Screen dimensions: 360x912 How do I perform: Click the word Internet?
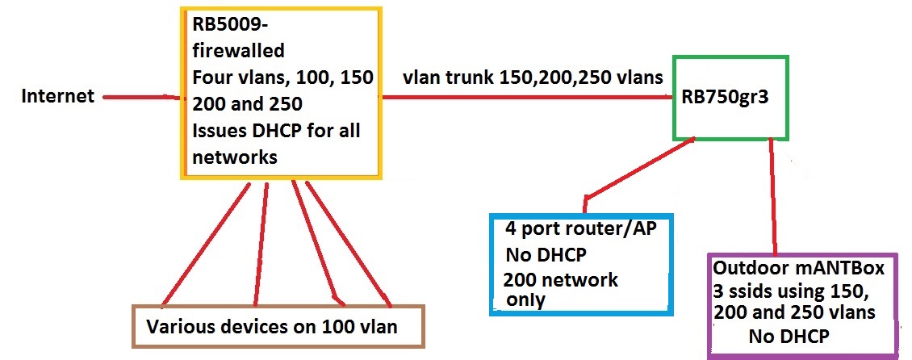[x=56, y=97]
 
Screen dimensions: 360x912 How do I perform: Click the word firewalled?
[x=238, y=51]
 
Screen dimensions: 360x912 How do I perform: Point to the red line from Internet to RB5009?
[x=137, y=98]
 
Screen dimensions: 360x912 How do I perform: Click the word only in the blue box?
[x=525, y=299]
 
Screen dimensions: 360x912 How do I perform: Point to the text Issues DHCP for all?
[x=275, y=131]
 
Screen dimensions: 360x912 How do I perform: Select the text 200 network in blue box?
[x=560, y=280]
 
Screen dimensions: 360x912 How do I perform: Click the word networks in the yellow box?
[x=234, y=157]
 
